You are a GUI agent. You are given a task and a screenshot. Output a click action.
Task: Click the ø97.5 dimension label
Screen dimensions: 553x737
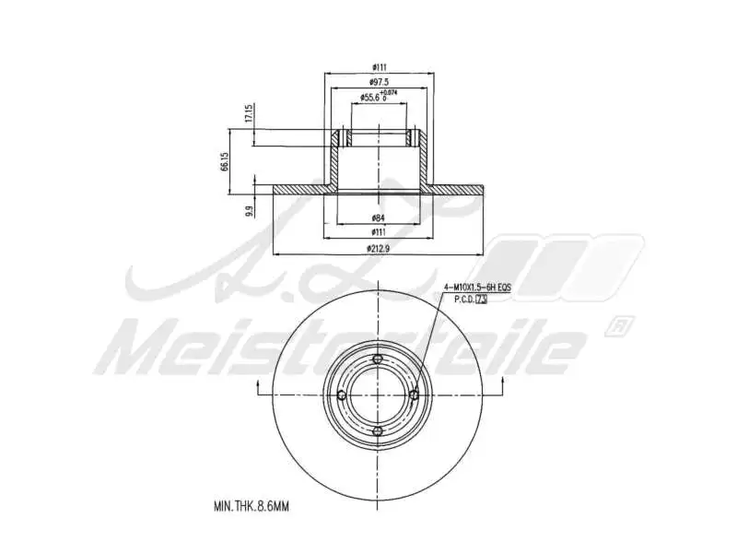pyautogui.click(x=377, y=81)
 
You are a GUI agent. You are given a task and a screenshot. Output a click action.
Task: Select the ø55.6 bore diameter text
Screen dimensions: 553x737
pyautogui.click(x=370, y=96)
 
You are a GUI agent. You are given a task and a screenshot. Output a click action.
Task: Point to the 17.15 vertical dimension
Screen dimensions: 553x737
pyautogui.click(x=248, y=114)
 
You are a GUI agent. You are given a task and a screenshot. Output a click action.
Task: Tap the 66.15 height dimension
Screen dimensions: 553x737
pyautogui.click(x=224, y=163)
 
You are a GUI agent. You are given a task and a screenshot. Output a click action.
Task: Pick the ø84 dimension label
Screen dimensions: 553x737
pyautogui.click(x=378, y=218)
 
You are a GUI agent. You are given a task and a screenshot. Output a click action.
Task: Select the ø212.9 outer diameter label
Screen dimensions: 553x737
pyautogui.click(x=378, y=247)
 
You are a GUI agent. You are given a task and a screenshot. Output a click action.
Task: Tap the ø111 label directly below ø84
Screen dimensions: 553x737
pyautogui.click(x=378, y=231)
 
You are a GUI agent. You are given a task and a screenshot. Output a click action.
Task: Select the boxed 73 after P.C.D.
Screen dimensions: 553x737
pyautogui.click(x=480, y=300)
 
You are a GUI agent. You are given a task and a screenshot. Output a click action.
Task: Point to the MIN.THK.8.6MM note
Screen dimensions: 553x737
pyautogui.click(x=252, y=506)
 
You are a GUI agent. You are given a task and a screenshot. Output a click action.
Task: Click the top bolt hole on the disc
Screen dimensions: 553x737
pyautogui.click(x=378, y=359)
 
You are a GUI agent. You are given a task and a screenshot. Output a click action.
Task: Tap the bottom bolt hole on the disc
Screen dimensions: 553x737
pyautogui.click(x=378, y=431)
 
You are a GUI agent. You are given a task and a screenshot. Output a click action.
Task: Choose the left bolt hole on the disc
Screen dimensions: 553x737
pyautogui.click(x=342, y=395)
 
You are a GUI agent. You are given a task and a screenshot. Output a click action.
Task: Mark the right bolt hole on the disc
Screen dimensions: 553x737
pyautogui.click(x=414, y=395)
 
